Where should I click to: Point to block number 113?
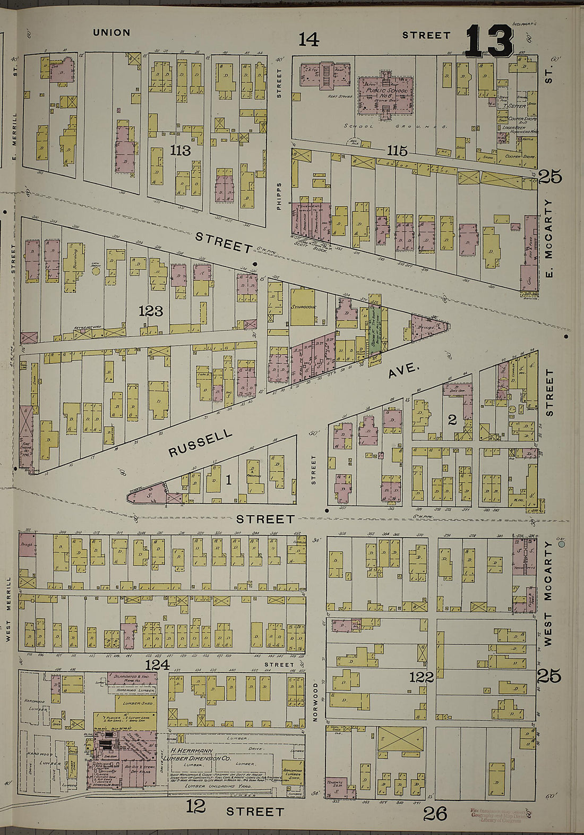click(x=181, y=150)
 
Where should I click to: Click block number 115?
click(x=397, y=151)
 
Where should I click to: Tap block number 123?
click(x=150, y=311)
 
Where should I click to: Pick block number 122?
click(x=422, y=677)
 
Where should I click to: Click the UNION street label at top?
click(x=111, y=32)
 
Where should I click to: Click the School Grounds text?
click(x=396, y=127)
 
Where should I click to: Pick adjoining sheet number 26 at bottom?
click(x=435, y=814)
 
